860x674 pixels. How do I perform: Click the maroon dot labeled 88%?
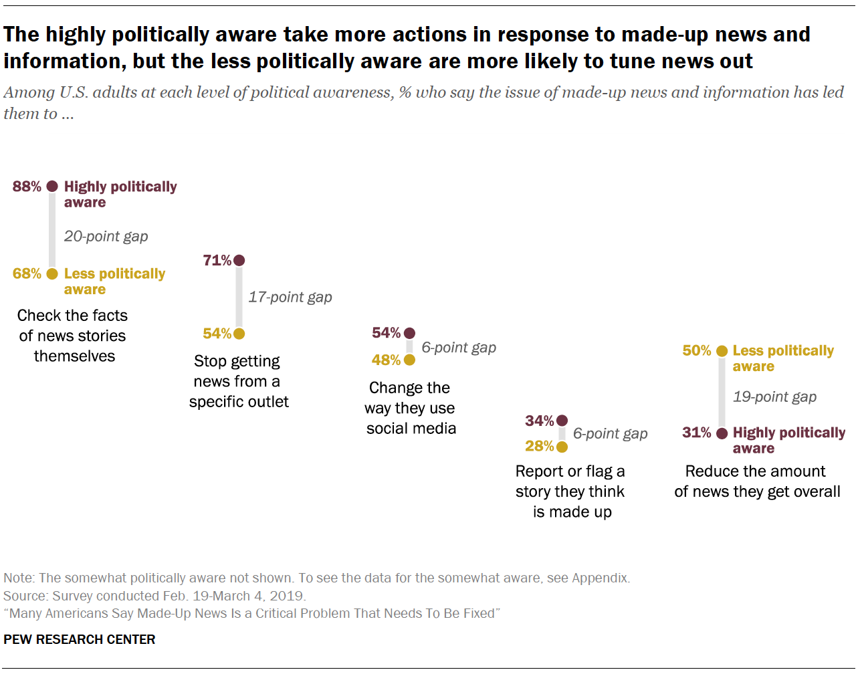pos(52,187)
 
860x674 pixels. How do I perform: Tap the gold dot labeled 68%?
pos(52,273)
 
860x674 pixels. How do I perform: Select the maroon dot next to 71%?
pos(239,260)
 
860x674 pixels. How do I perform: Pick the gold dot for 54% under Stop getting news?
pos(239,334)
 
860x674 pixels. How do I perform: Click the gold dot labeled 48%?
pos(409,360)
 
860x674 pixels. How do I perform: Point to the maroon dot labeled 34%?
pos(562,421)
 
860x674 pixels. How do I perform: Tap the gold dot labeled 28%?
pos(562,446)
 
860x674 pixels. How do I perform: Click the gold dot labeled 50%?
pos(722,351)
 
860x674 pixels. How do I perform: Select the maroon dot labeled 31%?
pos(722,433)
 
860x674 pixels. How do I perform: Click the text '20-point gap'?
pos(106,236)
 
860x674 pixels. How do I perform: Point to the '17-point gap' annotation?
pos(290,297)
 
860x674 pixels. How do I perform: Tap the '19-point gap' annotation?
pos(774,397)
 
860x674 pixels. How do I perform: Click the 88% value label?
pos(27,187)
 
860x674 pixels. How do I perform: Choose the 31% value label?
pos(696,433)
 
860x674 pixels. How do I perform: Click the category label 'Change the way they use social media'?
pos(411,408)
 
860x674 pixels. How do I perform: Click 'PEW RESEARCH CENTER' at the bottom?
pos(79,639)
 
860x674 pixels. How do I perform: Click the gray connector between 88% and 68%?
pos(52,230)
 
